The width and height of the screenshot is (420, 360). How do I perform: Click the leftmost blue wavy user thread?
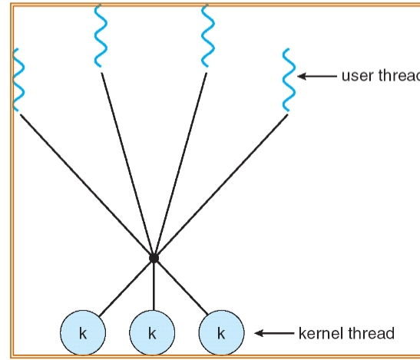pyautogui.click(x=18, y=81)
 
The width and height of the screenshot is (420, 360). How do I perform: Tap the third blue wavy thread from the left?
pyautogui.click(x=207, y=38)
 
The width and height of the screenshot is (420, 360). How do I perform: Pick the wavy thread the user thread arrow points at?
pyautogui.click(x=287, y=81)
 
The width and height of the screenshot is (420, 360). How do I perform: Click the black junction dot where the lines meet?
pyautogui.click(x=154, y=259)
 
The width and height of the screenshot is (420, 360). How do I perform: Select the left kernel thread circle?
pyautogui.click(x=83, y=333)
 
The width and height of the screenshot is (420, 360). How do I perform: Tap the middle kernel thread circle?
pyautogui.click(x=152, y=333)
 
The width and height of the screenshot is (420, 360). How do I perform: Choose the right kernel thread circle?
pyautogui.click(x=221, y=333)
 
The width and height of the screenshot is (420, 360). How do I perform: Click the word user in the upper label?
pyautogui.click(x=356, y=76)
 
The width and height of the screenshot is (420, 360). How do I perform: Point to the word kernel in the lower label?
pyautogui.click(x=316, y=333)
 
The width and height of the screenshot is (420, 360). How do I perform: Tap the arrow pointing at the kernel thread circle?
pyautogui.click(x=272, y=333)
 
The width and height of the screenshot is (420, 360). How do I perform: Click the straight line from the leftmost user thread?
pyautogui.click(x=84, y=184)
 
